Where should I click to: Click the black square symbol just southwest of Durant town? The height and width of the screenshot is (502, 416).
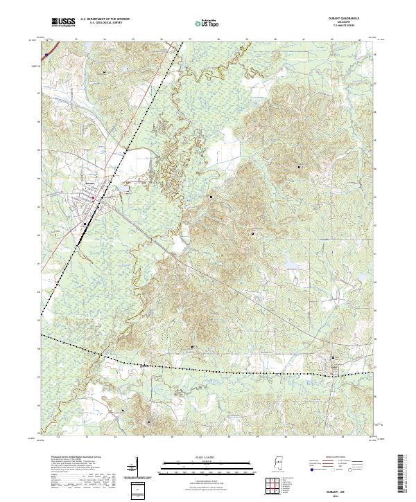pyautogui.click(x=85, y=224)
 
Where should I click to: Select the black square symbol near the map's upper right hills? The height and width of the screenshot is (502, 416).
pyautogui.click(x=300, y=167)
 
